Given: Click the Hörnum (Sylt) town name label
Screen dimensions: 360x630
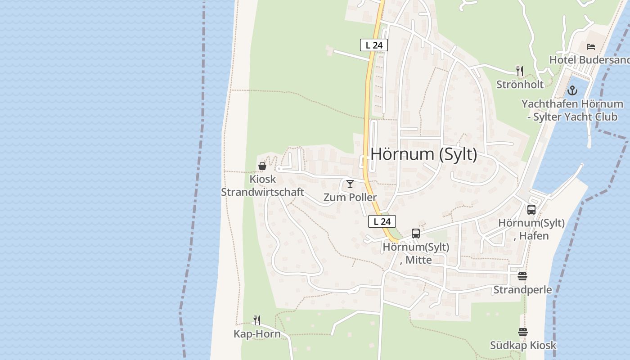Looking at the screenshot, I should click(423, 154).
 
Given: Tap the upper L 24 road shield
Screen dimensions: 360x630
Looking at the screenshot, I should click(373, 45).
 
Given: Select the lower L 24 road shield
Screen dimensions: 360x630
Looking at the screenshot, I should click(382, 221).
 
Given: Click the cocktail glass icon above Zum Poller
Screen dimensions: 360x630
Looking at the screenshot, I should click(350, 184).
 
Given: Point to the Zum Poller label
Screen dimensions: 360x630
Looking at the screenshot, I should click(350, 197).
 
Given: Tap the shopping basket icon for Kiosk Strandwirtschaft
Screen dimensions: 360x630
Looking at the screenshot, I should click(262, 166).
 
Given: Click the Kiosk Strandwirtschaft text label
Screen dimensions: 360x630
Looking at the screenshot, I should click(262, 186).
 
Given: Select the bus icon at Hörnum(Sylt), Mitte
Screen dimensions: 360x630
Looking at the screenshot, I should click(416, 234).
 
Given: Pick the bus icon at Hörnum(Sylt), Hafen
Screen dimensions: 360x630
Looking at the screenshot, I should click(531, 210).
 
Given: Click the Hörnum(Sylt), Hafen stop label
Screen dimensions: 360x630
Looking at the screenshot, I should click(531, 229).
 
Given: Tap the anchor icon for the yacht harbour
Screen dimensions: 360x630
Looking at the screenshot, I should click(572, 90).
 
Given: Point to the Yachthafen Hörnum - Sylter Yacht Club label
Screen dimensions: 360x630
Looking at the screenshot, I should click(572, 110).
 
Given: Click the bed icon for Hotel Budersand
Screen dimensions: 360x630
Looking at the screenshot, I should click(591, 46).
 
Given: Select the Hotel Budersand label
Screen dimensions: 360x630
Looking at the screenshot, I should click(589, 60).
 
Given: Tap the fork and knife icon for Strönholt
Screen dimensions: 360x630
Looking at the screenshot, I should click(520, 71).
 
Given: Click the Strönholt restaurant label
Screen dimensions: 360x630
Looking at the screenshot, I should click(520, 84).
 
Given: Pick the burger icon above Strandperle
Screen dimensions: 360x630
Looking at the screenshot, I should click(522, 276).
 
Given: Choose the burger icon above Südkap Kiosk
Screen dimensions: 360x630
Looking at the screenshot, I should click(522, 332).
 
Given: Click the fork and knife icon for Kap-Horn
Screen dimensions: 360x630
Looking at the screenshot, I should click(257, 320).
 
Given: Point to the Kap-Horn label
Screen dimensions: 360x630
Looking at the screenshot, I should click(257, 334).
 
